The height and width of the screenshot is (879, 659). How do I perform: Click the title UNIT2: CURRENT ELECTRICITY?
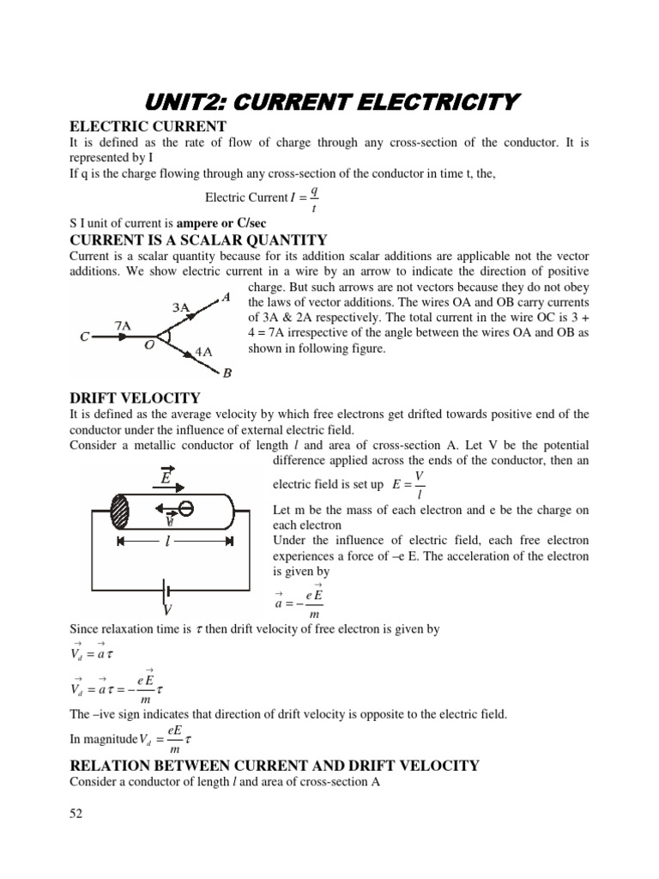tap(330, 103)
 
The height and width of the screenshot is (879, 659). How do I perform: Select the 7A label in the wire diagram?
tap(124, 325)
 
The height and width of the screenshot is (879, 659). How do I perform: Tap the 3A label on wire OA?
tap(181, 306)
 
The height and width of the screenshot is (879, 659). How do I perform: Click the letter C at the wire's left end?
tap(85, 338)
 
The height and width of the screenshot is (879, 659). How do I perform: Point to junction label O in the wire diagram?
tap(149, 345)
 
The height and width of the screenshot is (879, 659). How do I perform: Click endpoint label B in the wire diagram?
tap(227, 373)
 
